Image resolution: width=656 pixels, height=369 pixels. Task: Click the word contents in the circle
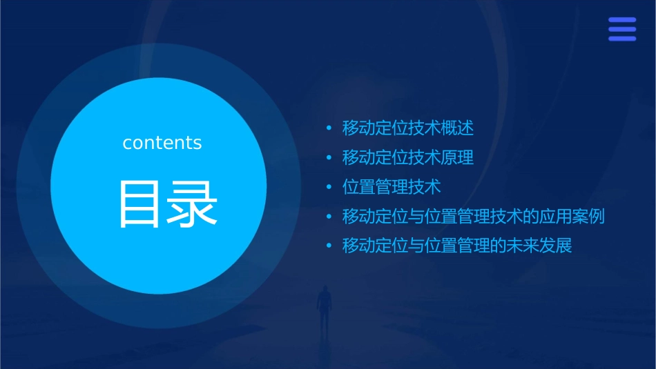pyautogui.click(x=162, y=143)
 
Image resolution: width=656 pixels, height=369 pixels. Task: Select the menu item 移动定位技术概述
pyautogui.click(x=408, y=128)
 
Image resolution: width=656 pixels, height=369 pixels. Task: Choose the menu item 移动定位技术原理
pyautogui.click(x=408, y=158)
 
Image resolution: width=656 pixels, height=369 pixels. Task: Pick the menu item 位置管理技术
pyautogui.click(x=392, y=187)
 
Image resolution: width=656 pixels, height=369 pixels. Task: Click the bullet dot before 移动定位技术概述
pyautogui.click(x=329, y=128)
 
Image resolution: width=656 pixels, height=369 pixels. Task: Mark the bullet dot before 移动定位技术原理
pyautogui.click(x=329, y=158)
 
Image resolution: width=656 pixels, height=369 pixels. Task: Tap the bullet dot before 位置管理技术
pyautogui.click(x=329, y=187)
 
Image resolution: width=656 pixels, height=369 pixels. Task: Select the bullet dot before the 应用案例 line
pyautogui.click(x=329, y=217)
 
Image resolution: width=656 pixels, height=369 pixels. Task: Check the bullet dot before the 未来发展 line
pyautogui.click(x=329, y=246)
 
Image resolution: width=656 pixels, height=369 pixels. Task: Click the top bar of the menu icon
pyautogui.click(x=622, y=20)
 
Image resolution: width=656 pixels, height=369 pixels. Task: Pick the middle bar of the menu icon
pyautogui.click(x=622, y=29)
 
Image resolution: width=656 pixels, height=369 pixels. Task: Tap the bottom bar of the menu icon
pyautogui.click(x=622, y=39)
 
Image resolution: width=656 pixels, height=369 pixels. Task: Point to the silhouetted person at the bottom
pyautogui.click(x=323, y=307)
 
